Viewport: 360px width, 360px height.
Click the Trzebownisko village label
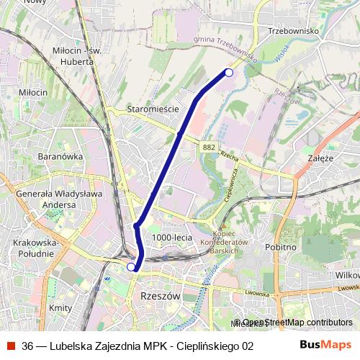coord(293,31)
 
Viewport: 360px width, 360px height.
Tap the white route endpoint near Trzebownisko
coord(229,72)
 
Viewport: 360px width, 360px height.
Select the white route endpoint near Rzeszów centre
coord(131,267)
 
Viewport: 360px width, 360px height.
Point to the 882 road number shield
coord(209,147)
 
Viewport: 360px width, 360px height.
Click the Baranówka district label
coord(61,156)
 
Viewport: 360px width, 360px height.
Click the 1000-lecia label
coord(173,238)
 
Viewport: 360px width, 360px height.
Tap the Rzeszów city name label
coord(156,296)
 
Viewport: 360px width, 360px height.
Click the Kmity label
coord(60,308)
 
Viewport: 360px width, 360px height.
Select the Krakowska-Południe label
coord(35,248)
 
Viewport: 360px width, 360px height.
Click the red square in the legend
coord(11,346)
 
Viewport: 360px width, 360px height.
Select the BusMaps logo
coord(326,345)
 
